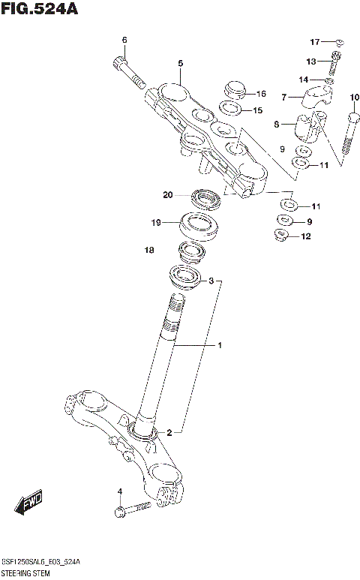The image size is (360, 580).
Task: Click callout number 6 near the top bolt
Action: coord(124,40)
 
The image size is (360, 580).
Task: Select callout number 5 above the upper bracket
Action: coord(180,63)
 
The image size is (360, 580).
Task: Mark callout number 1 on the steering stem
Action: coord(220,346)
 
